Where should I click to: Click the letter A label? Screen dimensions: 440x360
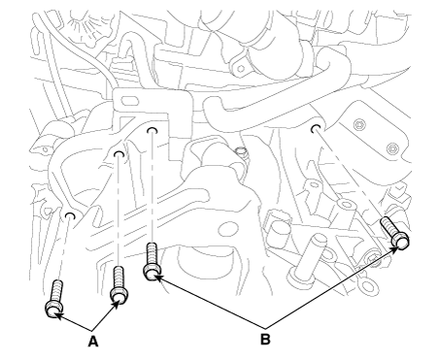[93, 342]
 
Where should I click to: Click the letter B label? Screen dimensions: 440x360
[265, 340]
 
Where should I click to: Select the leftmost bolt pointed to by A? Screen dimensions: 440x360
[54, 299]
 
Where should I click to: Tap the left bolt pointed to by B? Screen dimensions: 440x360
[152, 262]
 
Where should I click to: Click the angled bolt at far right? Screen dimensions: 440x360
[394, 233]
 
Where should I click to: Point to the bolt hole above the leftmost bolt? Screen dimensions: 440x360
[70, 216]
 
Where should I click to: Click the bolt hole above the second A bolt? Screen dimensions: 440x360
[119, 154]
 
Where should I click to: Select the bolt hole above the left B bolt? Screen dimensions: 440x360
[152, 130]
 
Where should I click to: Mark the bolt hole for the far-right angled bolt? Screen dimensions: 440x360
[316, 128]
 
